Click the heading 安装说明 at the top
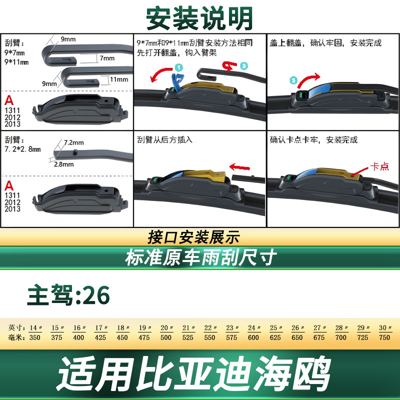pyautogui.click(x=199, y=18)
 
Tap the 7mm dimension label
pyautogui.click(x=107, y=58)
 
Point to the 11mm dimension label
pyautogui.click(x=119, y=79)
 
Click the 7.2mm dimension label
pyautogui.click(x=73, y=142)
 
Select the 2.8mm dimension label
pyautogui.click(x=64, y=164)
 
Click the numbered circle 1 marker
pyautogui.click(x=179, y=67)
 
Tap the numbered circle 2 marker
pyautogui.click(x=244, y=66)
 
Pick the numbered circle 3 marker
pyautogui.click(x=293, y=80)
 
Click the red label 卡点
pyautogui.click(x=379, y=166)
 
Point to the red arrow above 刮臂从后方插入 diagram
pyautogui.click(x=239, y=167)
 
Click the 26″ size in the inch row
pyautogui.click(x=297, y=328)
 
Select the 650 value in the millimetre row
pyautogui.click(x=297, y=337)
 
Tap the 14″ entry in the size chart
pyautogui.click(x=35, y=328)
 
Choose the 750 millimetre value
pyautogui.click(x=384, y=337)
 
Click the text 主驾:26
pyautogui.click(x=68, y=295)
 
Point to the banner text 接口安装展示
pyautogui.click(x=194, y=237)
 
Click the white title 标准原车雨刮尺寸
pyautogui.click(x=201, y=257)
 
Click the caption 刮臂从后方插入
pyautogui.click(x=165, y=140)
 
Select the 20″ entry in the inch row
pyautogui.click(x=166, y=328)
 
